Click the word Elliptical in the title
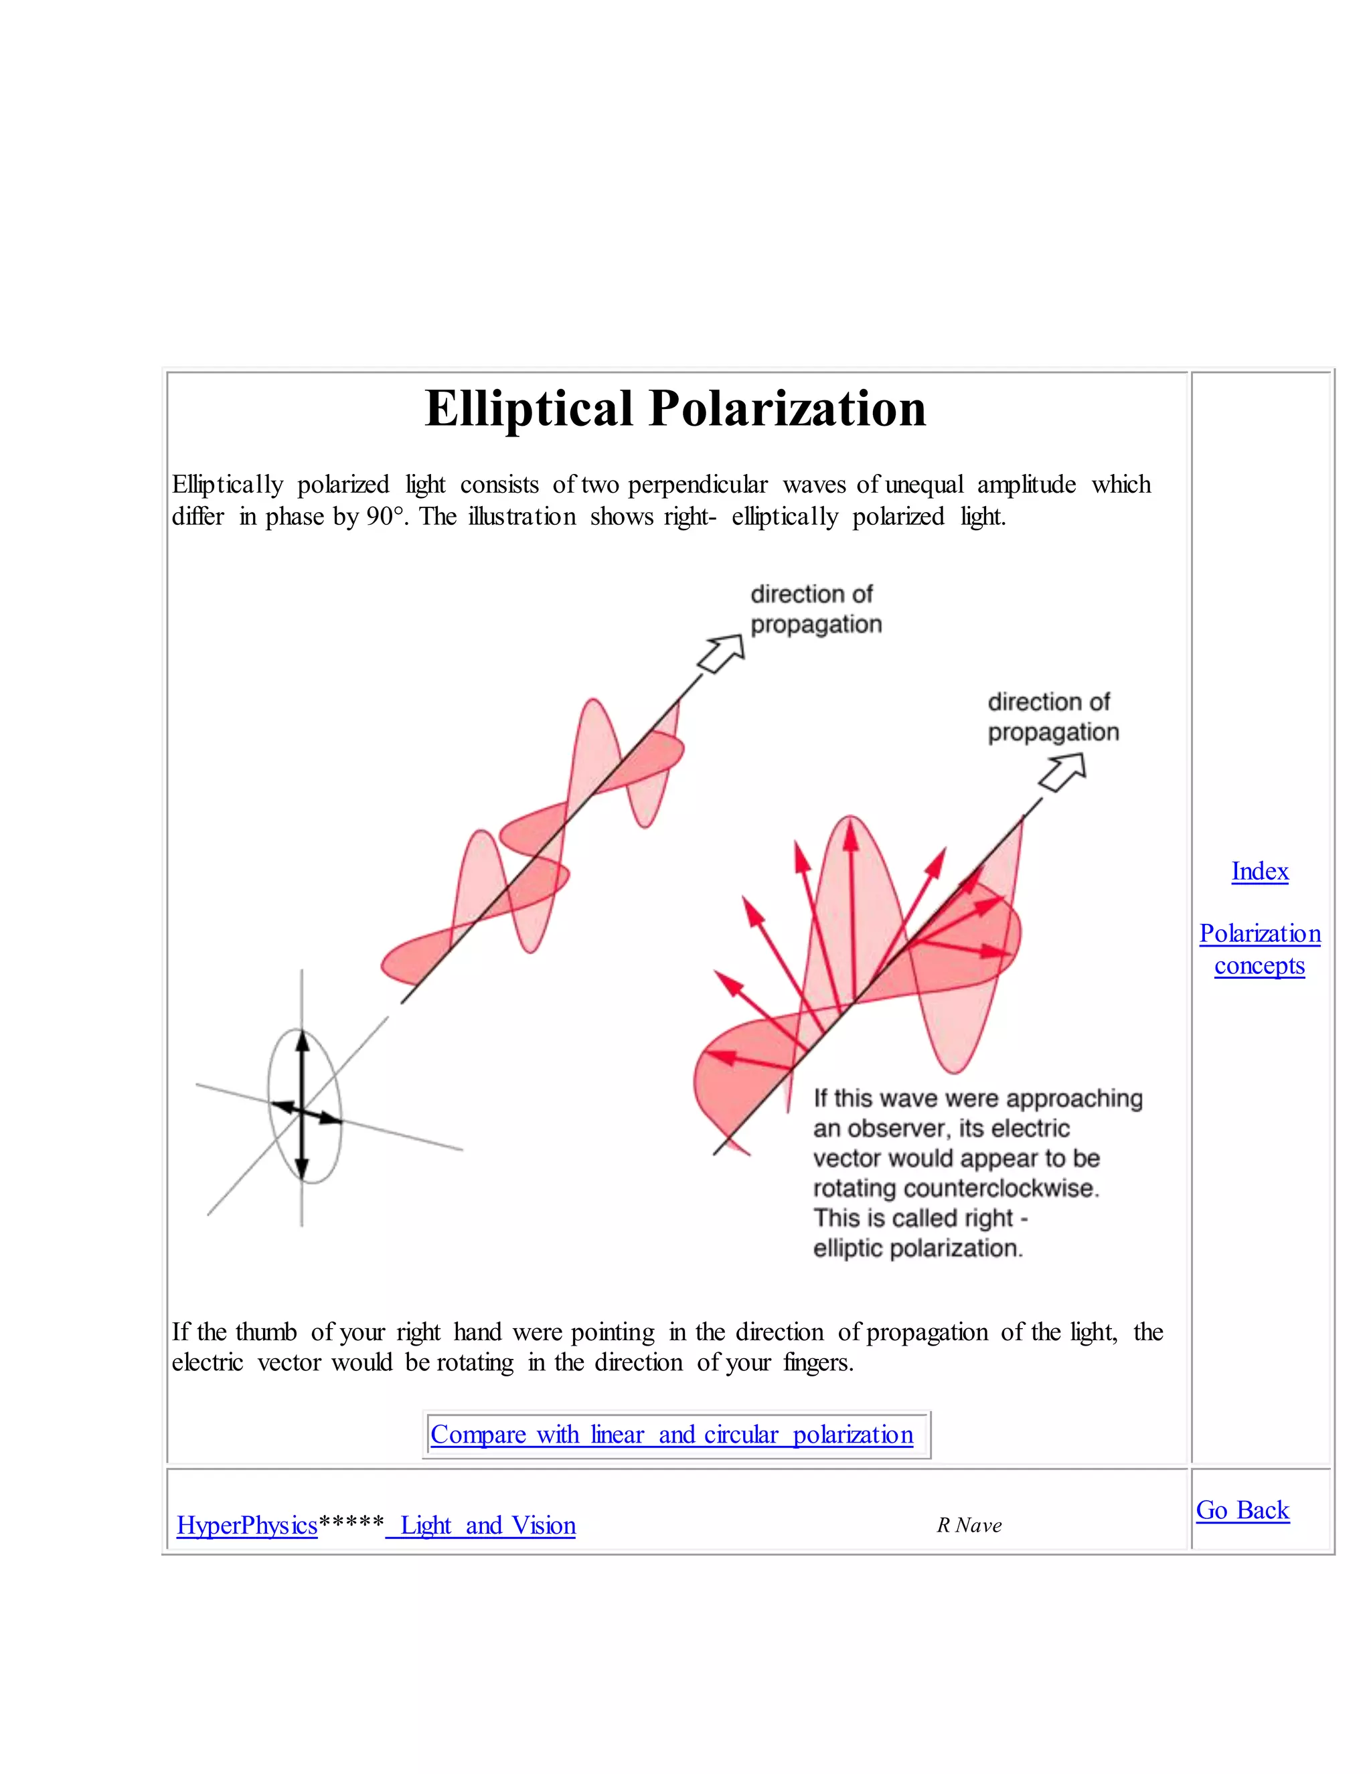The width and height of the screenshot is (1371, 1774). [x=528, y=408]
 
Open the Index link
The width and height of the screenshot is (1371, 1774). [x=1259, y=872]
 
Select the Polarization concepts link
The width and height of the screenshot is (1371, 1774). [x=1259, y=949]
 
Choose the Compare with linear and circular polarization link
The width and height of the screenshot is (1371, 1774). [x=671, y=1435]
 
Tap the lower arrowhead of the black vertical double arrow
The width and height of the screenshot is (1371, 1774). [x=301, y=1168]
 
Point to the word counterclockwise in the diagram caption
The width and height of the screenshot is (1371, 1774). [x=1001, y=1188]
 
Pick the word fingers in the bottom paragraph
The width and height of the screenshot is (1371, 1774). [x=817, y=1362]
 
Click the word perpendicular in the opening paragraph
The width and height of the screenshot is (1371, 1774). [x=697, y=485]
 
